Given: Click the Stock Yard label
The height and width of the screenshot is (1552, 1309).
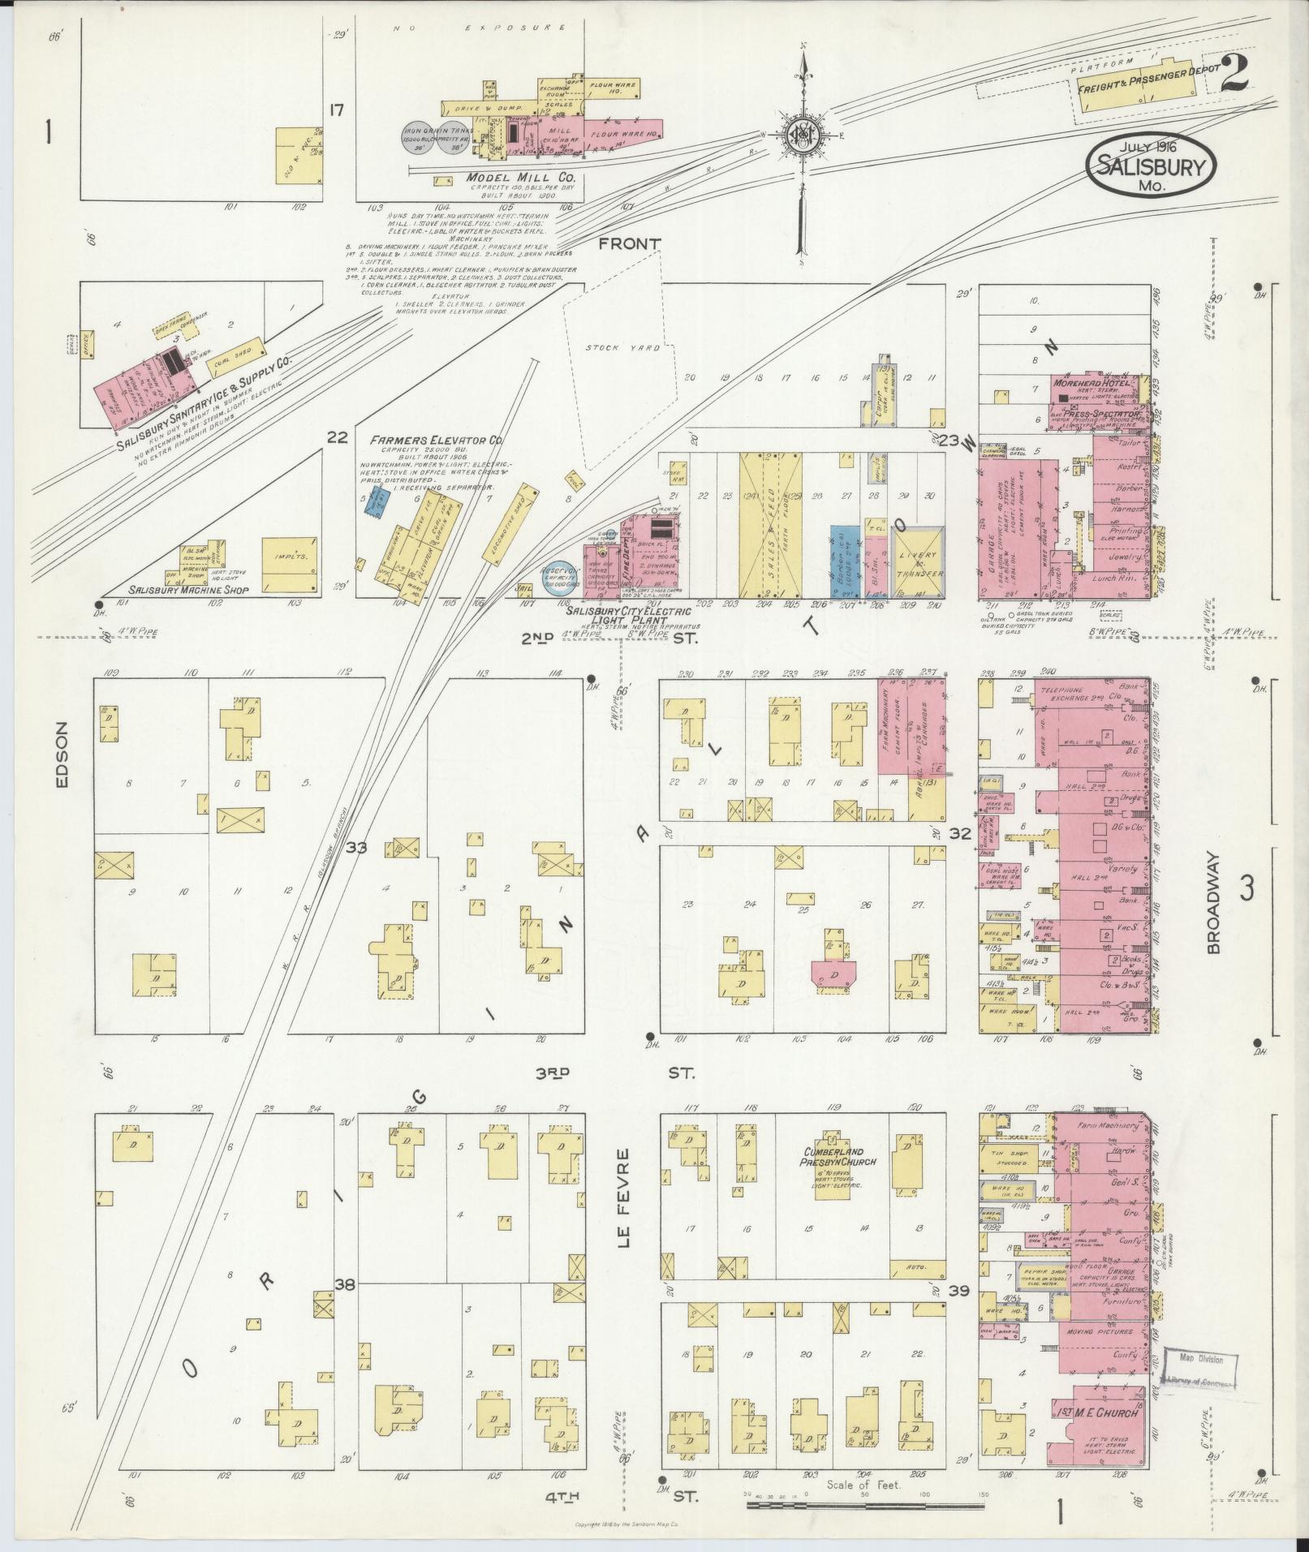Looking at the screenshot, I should tap(623, 348).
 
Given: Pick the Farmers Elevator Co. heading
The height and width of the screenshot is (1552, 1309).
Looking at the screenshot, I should tap(437, 440).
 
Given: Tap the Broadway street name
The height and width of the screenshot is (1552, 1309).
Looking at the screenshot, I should tap(1212, 902).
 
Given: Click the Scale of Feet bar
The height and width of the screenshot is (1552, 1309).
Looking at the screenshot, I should tap(864, 1505).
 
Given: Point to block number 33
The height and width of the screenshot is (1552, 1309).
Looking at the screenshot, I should tap(356, 848).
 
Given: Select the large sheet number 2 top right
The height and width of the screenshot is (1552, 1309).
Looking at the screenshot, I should tap(1234, 76).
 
